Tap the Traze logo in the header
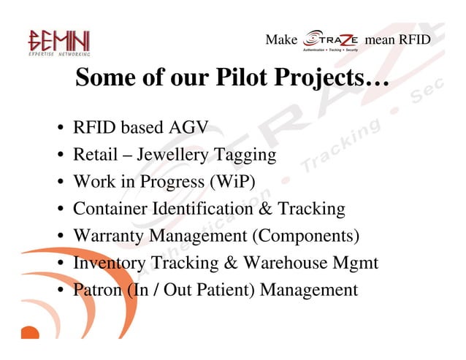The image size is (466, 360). click(x=331, y=41)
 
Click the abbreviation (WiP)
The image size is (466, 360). click(x=233, y=182)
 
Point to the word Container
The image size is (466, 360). click(x=110, y=209)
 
